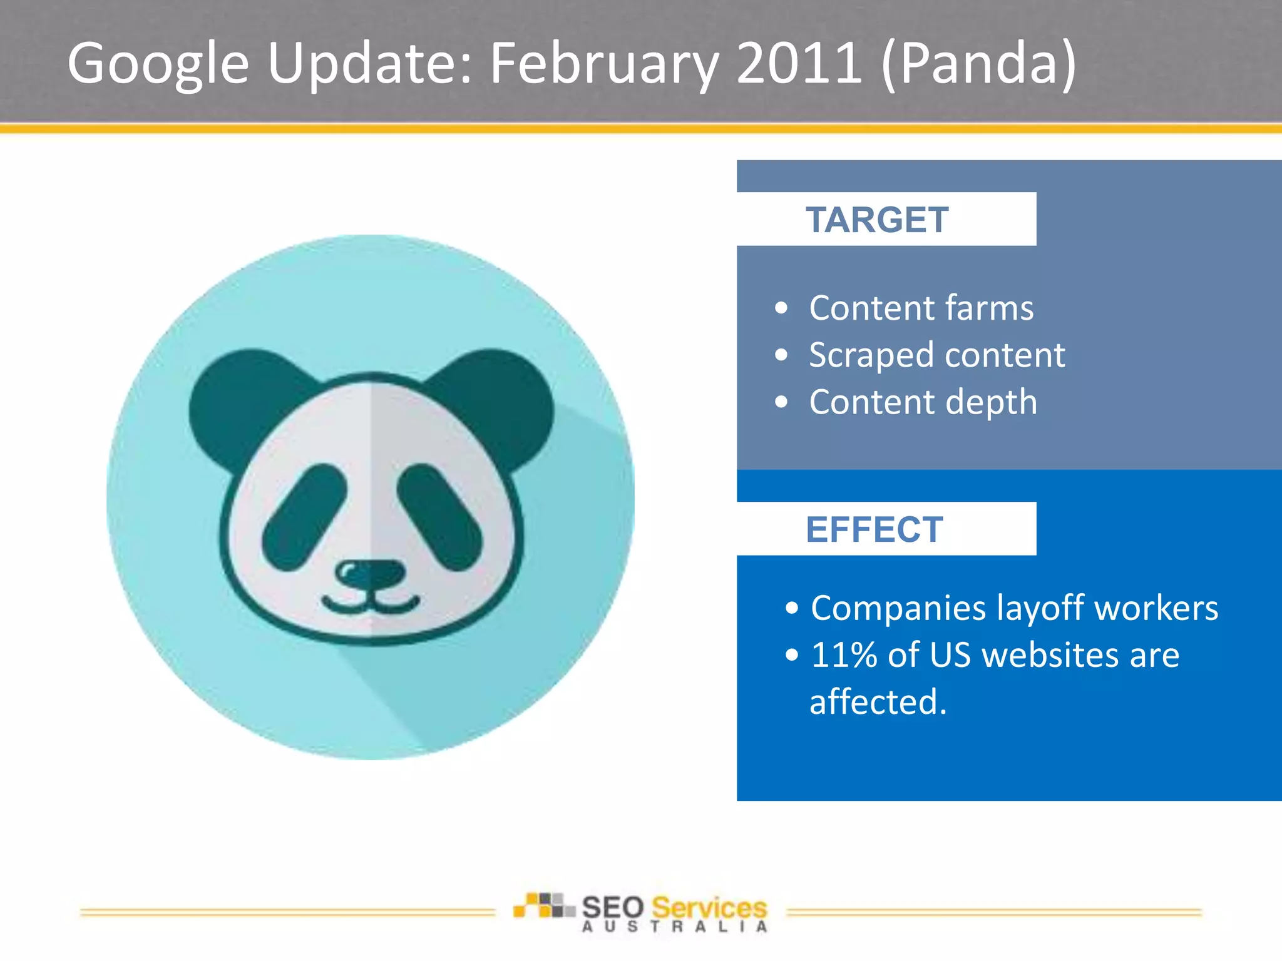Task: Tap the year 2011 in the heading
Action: pyautogui.click(x=798, y=63)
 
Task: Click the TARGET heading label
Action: pyautogui.click(x=876, y=220)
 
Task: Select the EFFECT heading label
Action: pyautogui.click(x=874, y=529)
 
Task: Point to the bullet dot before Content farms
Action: pyautogui.click(x=781, y=308)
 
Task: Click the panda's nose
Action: pyautogui.click(x=370, y=572)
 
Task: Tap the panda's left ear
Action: pyautogui.click(x=244, y=400)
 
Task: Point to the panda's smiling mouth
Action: pyautogui.click(x=371, y=606)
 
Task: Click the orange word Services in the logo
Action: pyautogui.click(x=709, y=907)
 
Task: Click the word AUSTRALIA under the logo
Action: pyautogui.click(x=674, y=927)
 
